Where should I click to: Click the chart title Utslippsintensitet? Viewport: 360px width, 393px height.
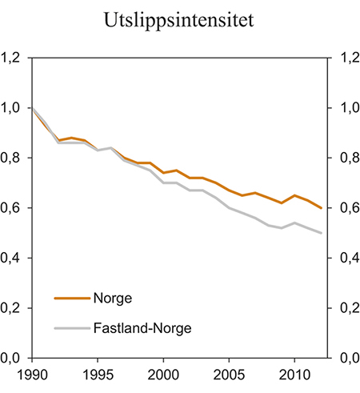pyautogui.click(x=179, y=22)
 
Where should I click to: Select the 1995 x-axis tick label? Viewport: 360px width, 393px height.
pyautogui.click(x=98, y=374)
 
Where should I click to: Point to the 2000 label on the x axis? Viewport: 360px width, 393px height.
pyautogui.click(x=163, y=374)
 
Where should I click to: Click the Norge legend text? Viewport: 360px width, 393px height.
pyautogui.click(x=113, y=298)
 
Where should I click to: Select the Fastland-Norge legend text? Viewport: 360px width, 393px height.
pyautogui.click(x=137, y=327)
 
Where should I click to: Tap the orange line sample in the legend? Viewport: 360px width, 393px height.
pyautogui.click(x=71, y=298)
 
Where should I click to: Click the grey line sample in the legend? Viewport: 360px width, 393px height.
pyautogui.click(x=71, y=327)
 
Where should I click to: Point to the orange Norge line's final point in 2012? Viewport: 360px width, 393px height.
pyautogui.click(x=322, y=208)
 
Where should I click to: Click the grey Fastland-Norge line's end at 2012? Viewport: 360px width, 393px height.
pyautogui.click(x=322, y=233)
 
